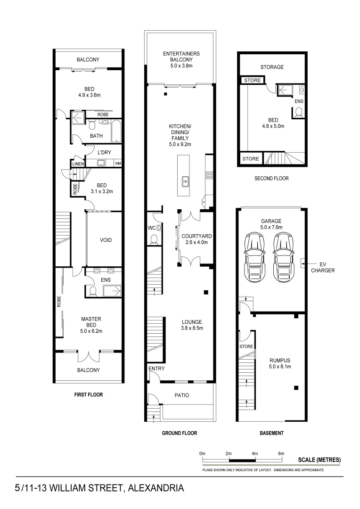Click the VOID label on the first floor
pyautogui.click(x=106, y=240)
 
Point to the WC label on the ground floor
pyautogui.click(x=151, y=228)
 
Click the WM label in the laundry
pyautogui.click(x=117, y=164)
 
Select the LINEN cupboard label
pyautogui.click(x=78, y=164)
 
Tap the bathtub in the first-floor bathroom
pyautogui.click(x=116, y=131)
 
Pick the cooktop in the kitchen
pyautogui.click(x=208, y=175)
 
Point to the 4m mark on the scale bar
pyautogui.click(x=255, y=453)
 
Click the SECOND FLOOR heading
pyautogui.click(x=271, y=179)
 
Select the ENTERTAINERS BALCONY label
pyautogui.click(x=181, y=57)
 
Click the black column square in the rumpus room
pyautogui.click(x=296, y=388)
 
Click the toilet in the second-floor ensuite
pyautogui.click(x=299, y=112)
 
